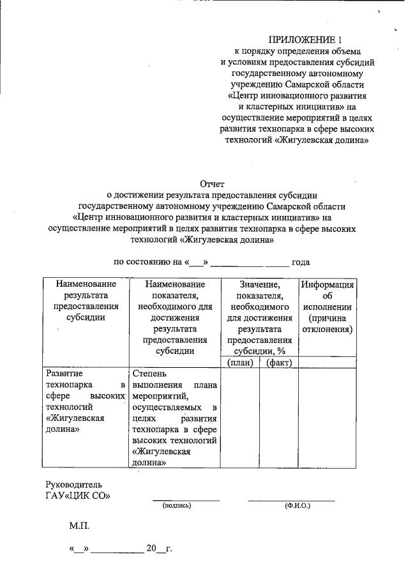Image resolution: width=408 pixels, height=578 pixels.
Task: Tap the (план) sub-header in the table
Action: [x=240, y=363]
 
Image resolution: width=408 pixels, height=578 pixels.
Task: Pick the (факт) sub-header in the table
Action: [x=278, y=363]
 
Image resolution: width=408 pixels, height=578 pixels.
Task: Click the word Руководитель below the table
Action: [x=73, y=484]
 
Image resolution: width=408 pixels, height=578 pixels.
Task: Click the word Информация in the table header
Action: [x=328, y=284]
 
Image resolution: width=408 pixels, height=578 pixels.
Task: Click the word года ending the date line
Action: [x=301, y=262]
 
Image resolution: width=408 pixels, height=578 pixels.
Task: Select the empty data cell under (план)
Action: [x=239, y=418]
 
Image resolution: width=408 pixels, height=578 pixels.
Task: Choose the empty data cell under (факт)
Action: [x=278, y=418]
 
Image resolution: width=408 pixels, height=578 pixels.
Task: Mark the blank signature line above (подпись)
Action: [x=185, y=499]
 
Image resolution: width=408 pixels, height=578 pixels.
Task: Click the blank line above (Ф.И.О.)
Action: [x=291, y=499]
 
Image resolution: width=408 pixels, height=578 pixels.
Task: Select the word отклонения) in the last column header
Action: [x=328, y=330]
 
